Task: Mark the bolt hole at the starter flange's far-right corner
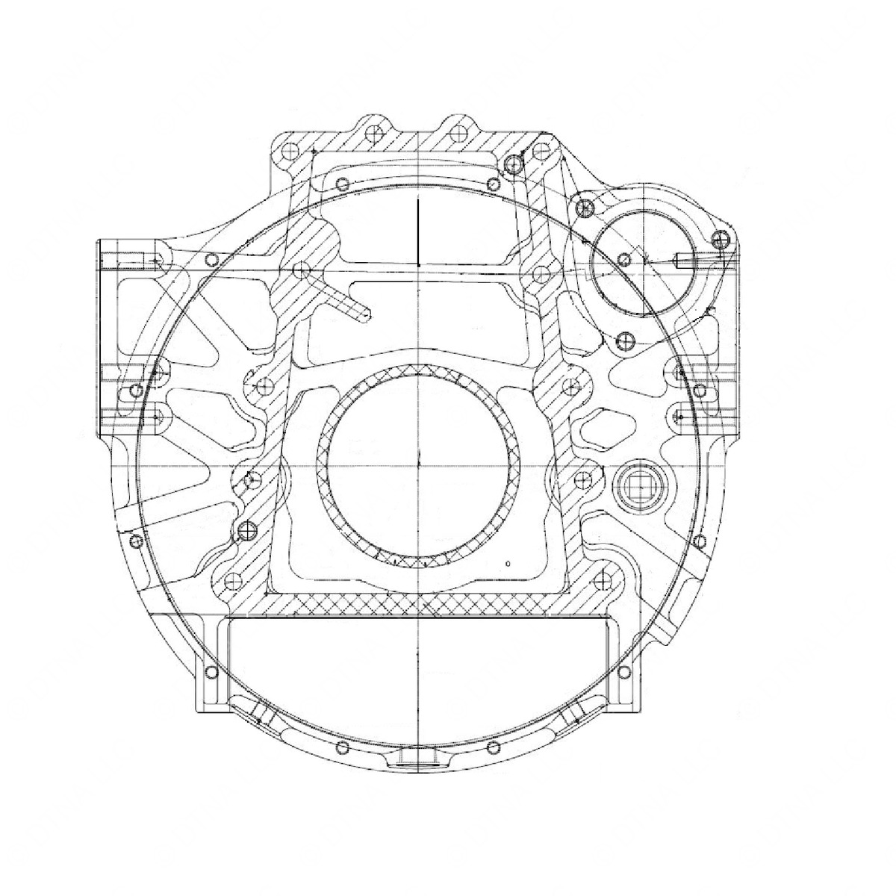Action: [x=719, y=240]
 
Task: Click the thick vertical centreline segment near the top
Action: [x=419, y=231]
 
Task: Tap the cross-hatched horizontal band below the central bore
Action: [x=418, y=606]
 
